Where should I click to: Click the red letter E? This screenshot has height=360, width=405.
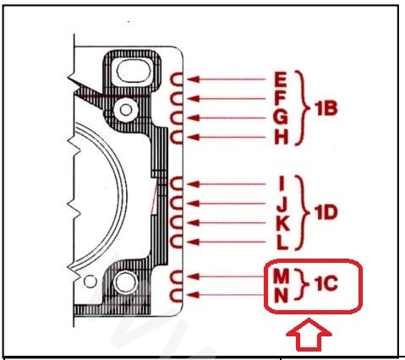[x=281, y=79]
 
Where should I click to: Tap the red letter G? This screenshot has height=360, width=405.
[x=281, y=117]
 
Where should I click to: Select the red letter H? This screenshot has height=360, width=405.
[x=282, y=138]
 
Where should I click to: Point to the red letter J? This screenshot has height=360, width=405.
[x=282, y=204]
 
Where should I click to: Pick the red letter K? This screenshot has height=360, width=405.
[x=282, y=223]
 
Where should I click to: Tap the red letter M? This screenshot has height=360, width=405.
[x=281, y=276]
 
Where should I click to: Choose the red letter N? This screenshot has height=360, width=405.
[x=281, y=296]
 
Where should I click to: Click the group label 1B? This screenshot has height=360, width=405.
[x=326, y=108]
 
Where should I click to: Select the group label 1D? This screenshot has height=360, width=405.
[x=326, y=212]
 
